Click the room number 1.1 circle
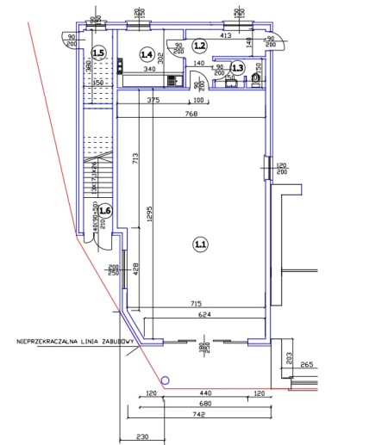click(200, 244)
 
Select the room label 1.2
click(200, 45)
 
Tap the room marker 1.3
click(238, 67)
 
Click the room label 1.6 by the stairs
click(104, 210)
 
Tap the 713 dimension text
click(135, 159)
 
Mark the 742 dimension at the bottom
click(199, 413)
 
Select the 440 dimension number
click(200, 392)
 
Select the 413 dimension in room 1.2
click(227, 36)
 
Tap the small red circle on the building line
click(163, 380)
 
